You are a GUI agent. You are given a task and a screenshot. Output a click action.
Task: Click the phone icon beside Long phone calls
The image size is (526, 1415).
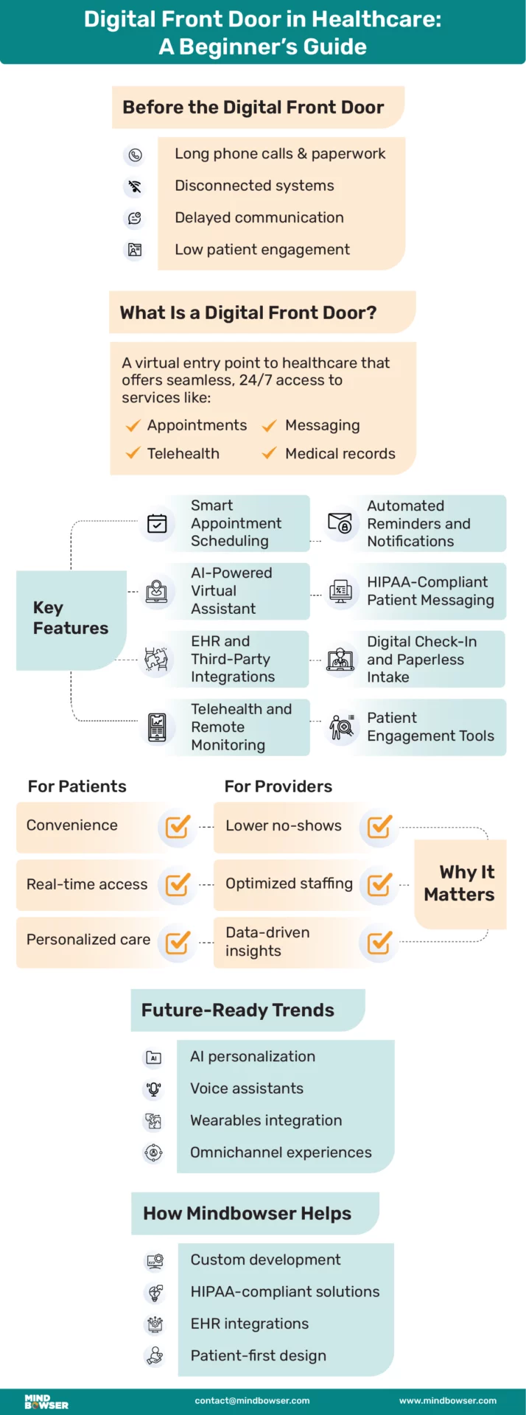pos(135,155)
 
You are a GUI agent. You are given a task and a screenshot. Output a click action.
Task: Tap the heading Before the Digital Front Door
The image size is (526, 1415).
pos(253,108)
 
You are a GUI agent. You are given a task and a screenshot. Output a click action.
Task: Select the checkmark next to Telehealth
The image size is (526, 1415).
pos(133,453)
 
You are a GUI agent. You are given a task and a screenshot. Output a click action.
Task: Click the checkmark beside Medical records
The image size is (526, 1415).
pos(270,453)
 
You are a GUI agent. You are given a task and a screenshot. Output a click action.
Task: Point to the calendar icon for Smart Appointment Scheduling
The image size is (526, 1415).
pos(157,523)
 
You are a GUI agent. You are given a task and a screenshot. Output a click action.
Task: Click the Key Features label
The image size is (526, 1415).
pos(70,618)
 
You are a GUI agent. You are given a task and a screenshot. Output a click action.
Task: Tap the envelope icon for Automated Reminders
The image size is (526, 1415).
pos(340,523)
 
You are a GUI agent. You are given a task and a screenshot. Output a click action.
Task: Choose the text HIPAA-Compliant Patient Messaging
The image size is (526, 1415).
pos(430,591)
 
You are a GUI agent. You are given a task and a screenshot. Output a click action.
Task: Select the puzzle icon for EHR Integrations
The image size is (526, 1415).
pos(156,658)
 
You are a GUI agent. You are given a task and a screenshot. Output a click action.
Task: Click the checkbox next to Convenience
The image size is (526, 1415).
pos(178,827)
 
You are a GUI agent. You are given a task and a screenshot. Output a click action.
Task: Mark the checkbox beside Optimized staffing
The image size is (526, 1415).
pos(379,884)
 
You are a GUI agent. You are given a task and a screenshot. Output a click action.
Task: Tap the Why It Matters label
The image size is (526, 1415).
pos(460,883)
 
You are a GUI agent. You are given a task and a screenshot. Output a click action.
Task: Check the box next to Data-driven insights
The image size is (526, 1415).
pos(379,943)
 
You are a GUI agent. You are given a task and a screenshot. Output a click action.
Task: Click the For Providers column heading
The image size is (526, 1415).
pos(278,786)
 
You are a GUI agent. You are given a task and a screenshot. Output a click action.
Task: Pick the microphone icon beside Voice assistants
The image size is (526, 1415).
pos(153,1089)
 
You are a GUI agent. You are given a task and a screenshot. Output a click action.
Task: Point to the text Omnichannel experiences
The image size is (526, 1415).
pos(281,1153)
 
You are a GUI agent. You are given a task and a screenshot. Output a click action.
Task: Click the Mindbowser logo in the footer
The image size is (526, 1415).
pos(46,1401)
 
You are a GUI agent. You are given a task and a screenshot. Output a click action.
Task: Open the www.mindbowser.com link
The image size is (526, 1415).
pos(447,1401)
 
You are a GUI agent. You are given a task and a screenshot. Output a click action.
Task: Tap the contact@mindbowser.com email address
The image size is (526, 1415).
pos(252,1401)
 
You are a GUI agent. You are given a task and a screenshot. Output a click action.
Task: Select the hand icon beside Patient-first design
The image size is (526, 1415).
pos(155,1355)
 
